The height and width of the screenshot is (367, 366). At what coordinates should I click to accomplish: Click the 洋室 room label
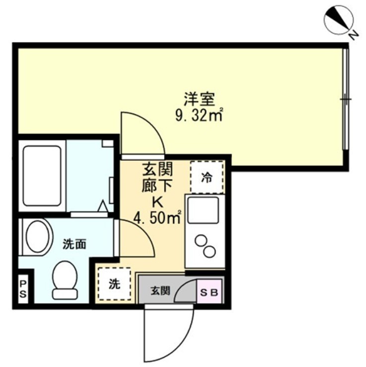tap(199, 99)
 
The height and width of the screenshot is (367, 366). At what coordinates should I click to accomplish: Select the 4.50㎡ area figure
tap(158, 218)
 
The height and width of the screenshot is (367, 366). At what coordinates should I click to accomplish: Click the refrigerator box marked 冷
tap(207, 178)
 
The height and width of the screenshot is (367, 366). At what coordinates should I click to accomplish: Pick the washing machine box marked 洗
tap(115, 284)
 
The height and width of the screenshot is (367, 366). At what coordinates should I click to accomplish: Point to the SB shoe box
tap(209, 292)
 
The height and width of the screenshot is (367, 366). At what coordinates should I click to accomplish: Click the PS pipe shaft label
tap(23, 289)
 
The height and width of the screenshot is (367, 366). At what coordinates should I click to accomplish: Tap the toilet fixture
tap(65, 280)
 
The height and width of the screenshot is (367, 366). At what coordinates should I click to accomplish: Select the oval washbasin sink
tap(38, 237)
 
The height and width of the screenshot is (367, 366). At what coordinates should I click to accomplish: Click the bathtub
tap(42, 176)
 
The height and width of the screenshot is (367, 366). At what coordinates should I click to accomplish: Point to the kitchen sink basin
tap(203, 210)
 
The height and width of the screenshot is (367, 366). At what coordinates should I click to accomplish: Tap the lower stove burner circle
tap(209, 251)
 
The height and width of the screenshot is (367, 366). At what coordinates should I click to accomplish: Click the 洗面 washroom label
tap(74, 244)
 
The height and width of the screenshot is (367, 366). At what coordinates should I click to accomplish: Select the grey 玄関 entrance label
tap(160, 292)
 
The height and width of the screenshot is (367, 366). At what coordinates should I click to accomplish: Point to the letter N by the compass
tap(354, 35)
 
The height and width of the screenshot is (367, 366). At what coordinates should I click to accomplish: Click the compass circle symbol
tap(338, 21)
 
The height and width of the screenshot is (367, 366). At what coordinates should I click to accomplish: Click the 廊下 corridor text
tap(157, 186)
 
